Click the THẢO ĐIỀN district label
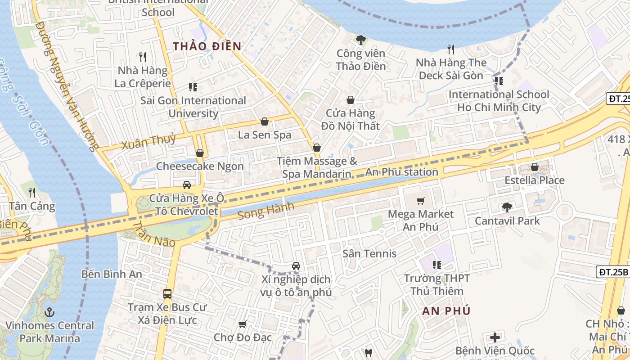[207, 46]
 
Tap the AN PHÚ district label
[446, 310]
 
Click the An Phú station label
[401, 172]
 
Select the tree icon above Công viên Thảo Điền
[360, 40]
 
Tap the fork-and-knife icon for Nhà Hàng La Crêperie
[143, 57]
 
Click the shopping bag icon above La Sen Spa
[265, 121]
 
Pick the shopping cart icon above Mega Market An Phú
[421, 201]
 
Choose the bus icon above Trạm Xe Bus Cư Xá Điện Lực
[167, 294]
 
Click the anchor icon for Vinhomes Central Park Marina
[49, 312]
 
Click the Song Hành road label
[265, 210]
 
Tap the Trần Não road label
[154, 234]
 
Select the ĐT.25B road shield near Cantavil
[612, 272]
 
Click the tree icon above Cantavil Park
[507, 207]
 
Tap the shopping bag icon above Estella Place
[535, 167]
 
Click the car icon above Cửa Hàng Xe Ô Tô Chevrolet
[186, 184]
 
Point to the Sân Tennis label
[369, 253]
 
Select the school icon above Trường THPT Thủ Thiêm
[436, 265]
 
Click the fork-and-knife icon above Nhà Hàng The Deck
[451, 49]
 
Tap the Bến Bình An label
[112, 274]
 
